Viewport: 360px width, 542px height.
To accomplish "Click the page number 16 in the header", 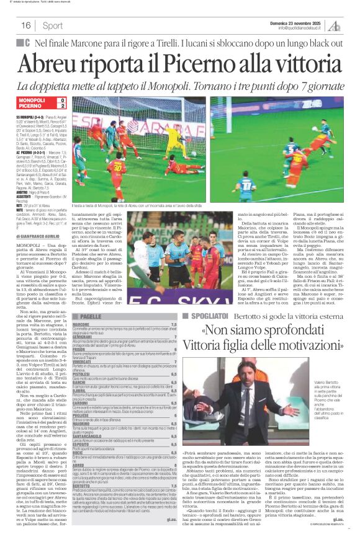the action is [26, 25].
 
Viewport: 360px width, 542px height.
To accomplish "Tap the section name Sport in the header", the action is [53, 25].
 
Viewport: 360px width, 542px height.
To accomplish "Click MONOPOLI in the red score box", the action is [32, 100].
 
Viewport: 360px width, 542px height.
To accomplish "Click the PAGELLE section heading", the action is [91, 316].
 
